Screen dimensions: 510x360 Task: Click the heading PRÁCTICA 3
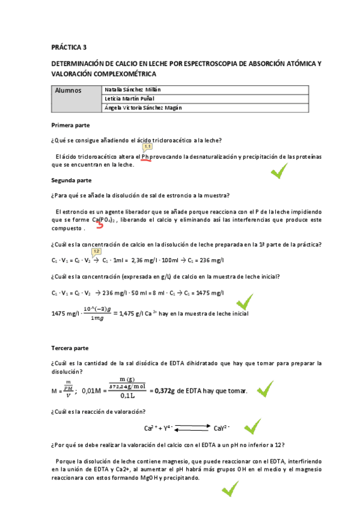coord(69,46)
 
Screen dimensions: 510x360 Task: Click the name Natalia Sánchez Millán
coord(132,89)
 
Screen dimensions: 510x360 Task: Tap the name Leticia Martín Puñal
coord(129,98)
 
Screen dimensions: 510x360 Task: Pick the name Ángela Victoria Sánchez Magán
coord(143,108)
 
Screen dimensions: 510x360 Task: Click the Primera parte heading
coord(71,126)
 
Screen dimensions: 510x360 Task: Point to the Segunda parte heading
coord(71,180)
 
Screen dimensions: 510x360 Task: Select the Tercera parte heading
coord(70,348)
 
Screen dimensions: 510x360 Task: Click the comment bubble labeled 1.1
coord(147,146)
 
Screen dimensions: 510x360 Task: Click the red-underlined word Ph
coord(145,157)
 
